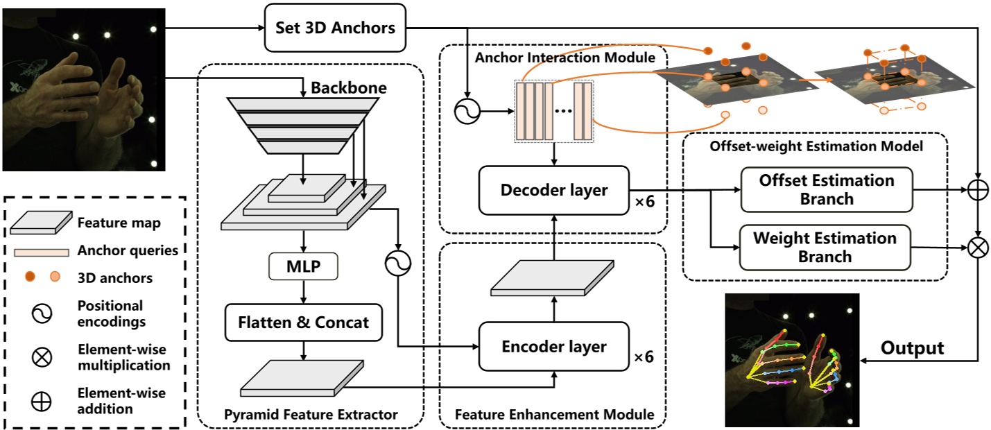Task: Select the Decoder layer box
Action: click(553, 189)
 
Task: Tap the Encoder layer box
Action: click(553, 346)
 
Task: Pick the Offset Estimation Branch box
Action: click(825, 189)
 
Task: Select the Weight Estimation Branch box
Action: click(825, 247)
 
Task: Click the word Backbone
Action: click(348, 89)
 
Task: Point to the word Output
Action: click(912, 347)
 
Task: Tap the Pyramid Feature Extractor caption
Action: click(311, 415)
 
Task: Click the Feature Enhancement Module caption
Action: click(554, 415)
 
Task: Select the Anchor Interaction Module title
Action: click(565, 58)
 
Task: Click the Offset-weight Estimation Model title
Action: click(817, 146)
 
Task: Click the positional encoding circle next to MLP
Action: click(398, 261)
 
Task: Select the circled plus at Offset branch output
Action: click(979, 189)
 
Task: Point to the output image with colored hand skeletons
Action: click(791, 359)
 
